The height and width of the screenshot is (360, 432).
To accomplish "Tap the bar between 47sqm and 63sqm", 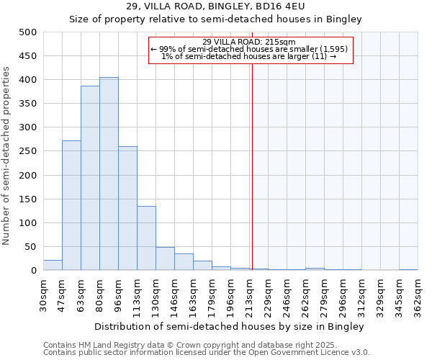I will tap(71, 205).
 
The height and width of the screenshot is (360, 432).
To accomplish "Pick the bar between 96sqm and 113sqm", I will tap(127, 208).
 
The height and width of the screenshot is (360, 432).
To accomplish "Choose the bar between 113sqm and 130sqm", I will tap(146, 238).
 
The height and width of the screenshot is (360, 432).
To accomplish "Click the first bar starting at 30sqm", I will tap(53, 265).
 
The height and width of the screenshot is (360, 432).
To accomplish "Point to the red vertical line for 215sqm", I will tap(252, 158).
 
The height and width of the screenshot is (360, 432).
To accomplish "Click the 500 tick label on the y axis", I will tap(28, 32).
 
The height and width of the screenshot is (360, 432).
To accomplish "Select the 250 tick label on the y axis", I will tap(28, 151).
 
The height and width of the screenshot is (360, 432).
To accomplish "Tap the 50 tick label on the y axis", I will tap(31, 247).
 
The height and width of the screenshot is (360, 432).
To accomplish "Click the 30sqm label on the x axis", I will tap(44, 294).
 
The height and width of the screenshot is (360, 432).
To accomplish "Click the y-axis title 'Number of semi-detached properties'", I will tap(7, 156).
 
